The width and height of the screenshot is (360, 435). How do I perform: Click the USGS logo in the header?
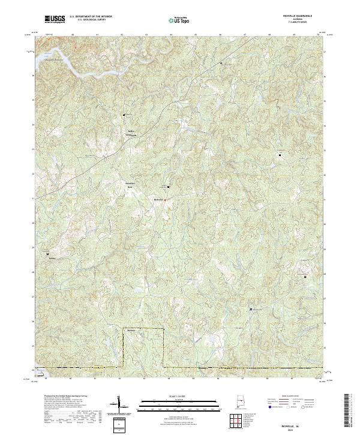tap(55, 19)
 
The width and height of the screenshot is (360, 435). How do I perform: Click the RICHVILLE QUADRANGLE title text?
tap(293, 17)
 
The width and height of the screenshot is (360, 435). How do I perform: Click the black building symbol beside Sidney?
tap(48, 254)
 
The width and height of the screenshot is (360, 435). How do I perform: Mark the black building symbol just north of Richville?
tap(168, 187)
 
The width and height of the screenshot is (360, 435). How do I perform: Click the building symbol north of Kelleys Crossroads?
tap(125, 115)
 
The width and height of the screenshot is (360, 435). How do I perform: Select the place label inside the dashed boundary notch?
tap(131, 330)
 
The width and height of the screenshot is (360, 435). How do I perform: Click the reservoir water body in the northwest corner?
tap(60, 63)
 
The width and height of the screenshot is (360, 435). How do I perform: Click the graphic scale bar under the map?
tap(172, 406)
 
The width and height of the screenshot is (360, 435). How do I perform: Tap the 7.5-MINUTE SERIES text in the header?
tap(293, 23)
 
